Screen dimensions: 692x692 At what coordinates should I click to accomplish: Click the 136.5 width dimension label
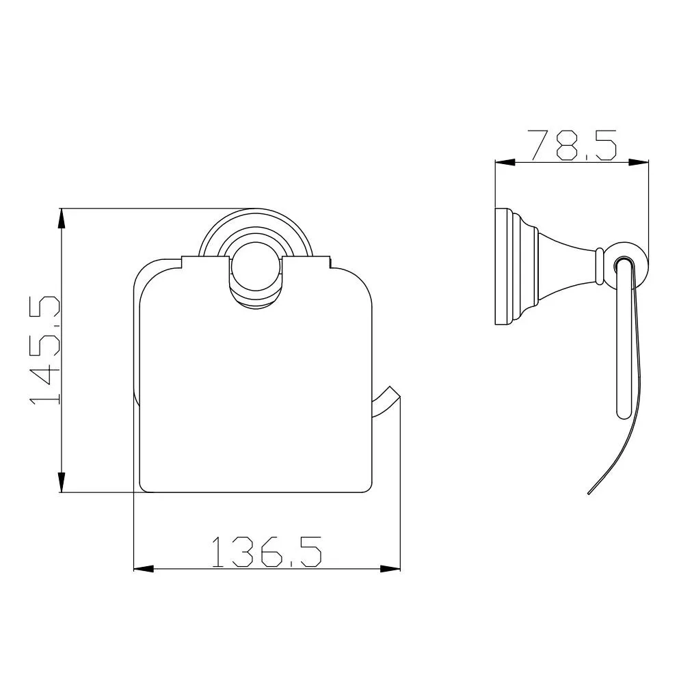click(267, 552)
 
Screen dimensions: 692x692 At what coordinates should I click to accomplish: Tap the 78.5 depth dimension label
click(572, 145)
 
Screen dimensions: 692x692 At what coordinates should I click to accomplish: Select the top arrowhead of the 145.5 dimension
click(62, 218)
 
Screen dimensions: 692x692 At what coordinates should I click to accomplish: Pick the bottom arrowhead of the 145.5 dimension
click(62, 482)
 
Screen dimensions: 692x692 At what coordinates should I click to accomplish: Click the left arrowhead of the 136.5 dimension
click(144, 570)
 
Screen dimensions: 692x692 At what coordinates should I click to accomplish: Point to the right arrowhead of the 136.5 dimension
click(390, 570)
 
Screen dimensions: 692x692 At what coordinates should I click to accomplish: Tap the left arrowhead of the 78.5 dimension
click(505, 163)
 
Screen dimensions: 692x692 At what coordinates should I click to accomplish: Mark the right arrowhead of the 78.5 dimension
click(639, 163)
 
